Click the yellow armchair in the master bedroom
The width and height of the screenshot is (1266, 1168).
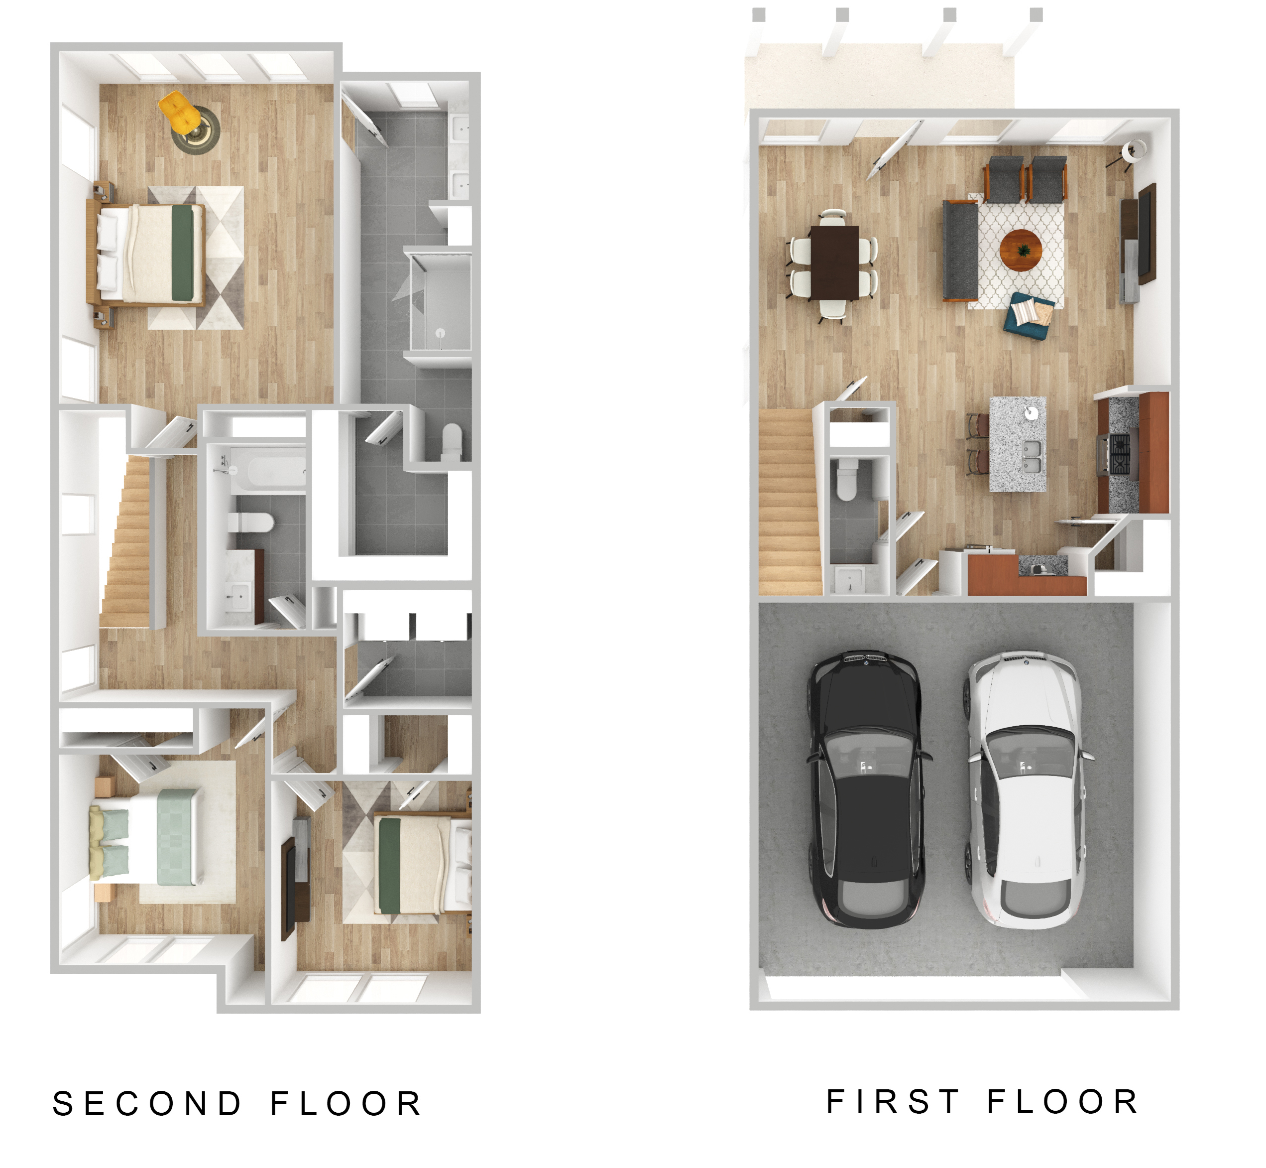point(179,113)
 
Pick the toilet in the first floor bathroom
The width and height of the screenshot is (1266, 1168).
point(845,479)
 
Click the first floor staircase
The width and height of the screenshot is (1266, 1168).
point(790,503)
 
